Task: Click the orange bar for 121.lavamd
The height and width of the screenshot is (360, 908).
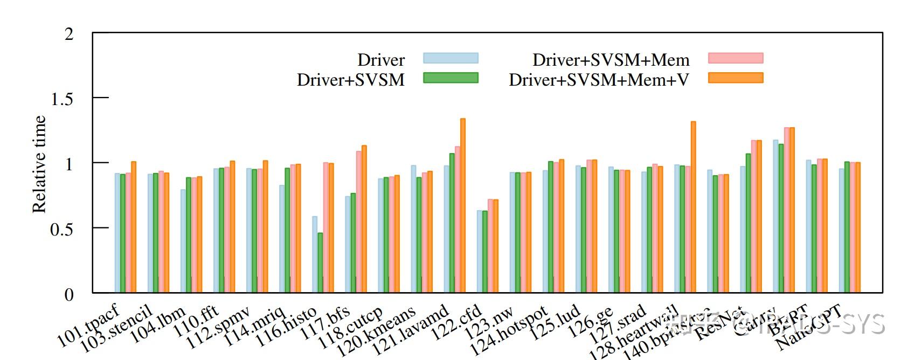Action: (430, 232)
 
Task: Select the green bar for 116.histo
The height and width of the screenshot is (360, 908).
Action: (287, 230)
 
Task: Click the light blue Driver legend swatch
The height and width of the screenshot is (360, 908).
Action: (450, 58)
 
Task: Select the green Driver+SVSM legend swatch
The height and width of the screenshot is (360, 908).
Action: (450, 78)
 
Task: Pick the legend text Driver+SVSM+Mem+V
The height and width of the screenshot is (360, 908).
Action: (599, 80)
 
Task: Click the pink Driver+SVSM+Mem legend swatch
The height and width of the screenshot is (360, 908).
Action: (736, 58)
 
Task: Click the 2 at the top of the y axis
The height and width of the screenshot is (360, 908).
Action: (68, 34)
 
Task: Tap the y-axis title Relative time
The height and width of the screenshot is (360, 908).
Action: (40, 164)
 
